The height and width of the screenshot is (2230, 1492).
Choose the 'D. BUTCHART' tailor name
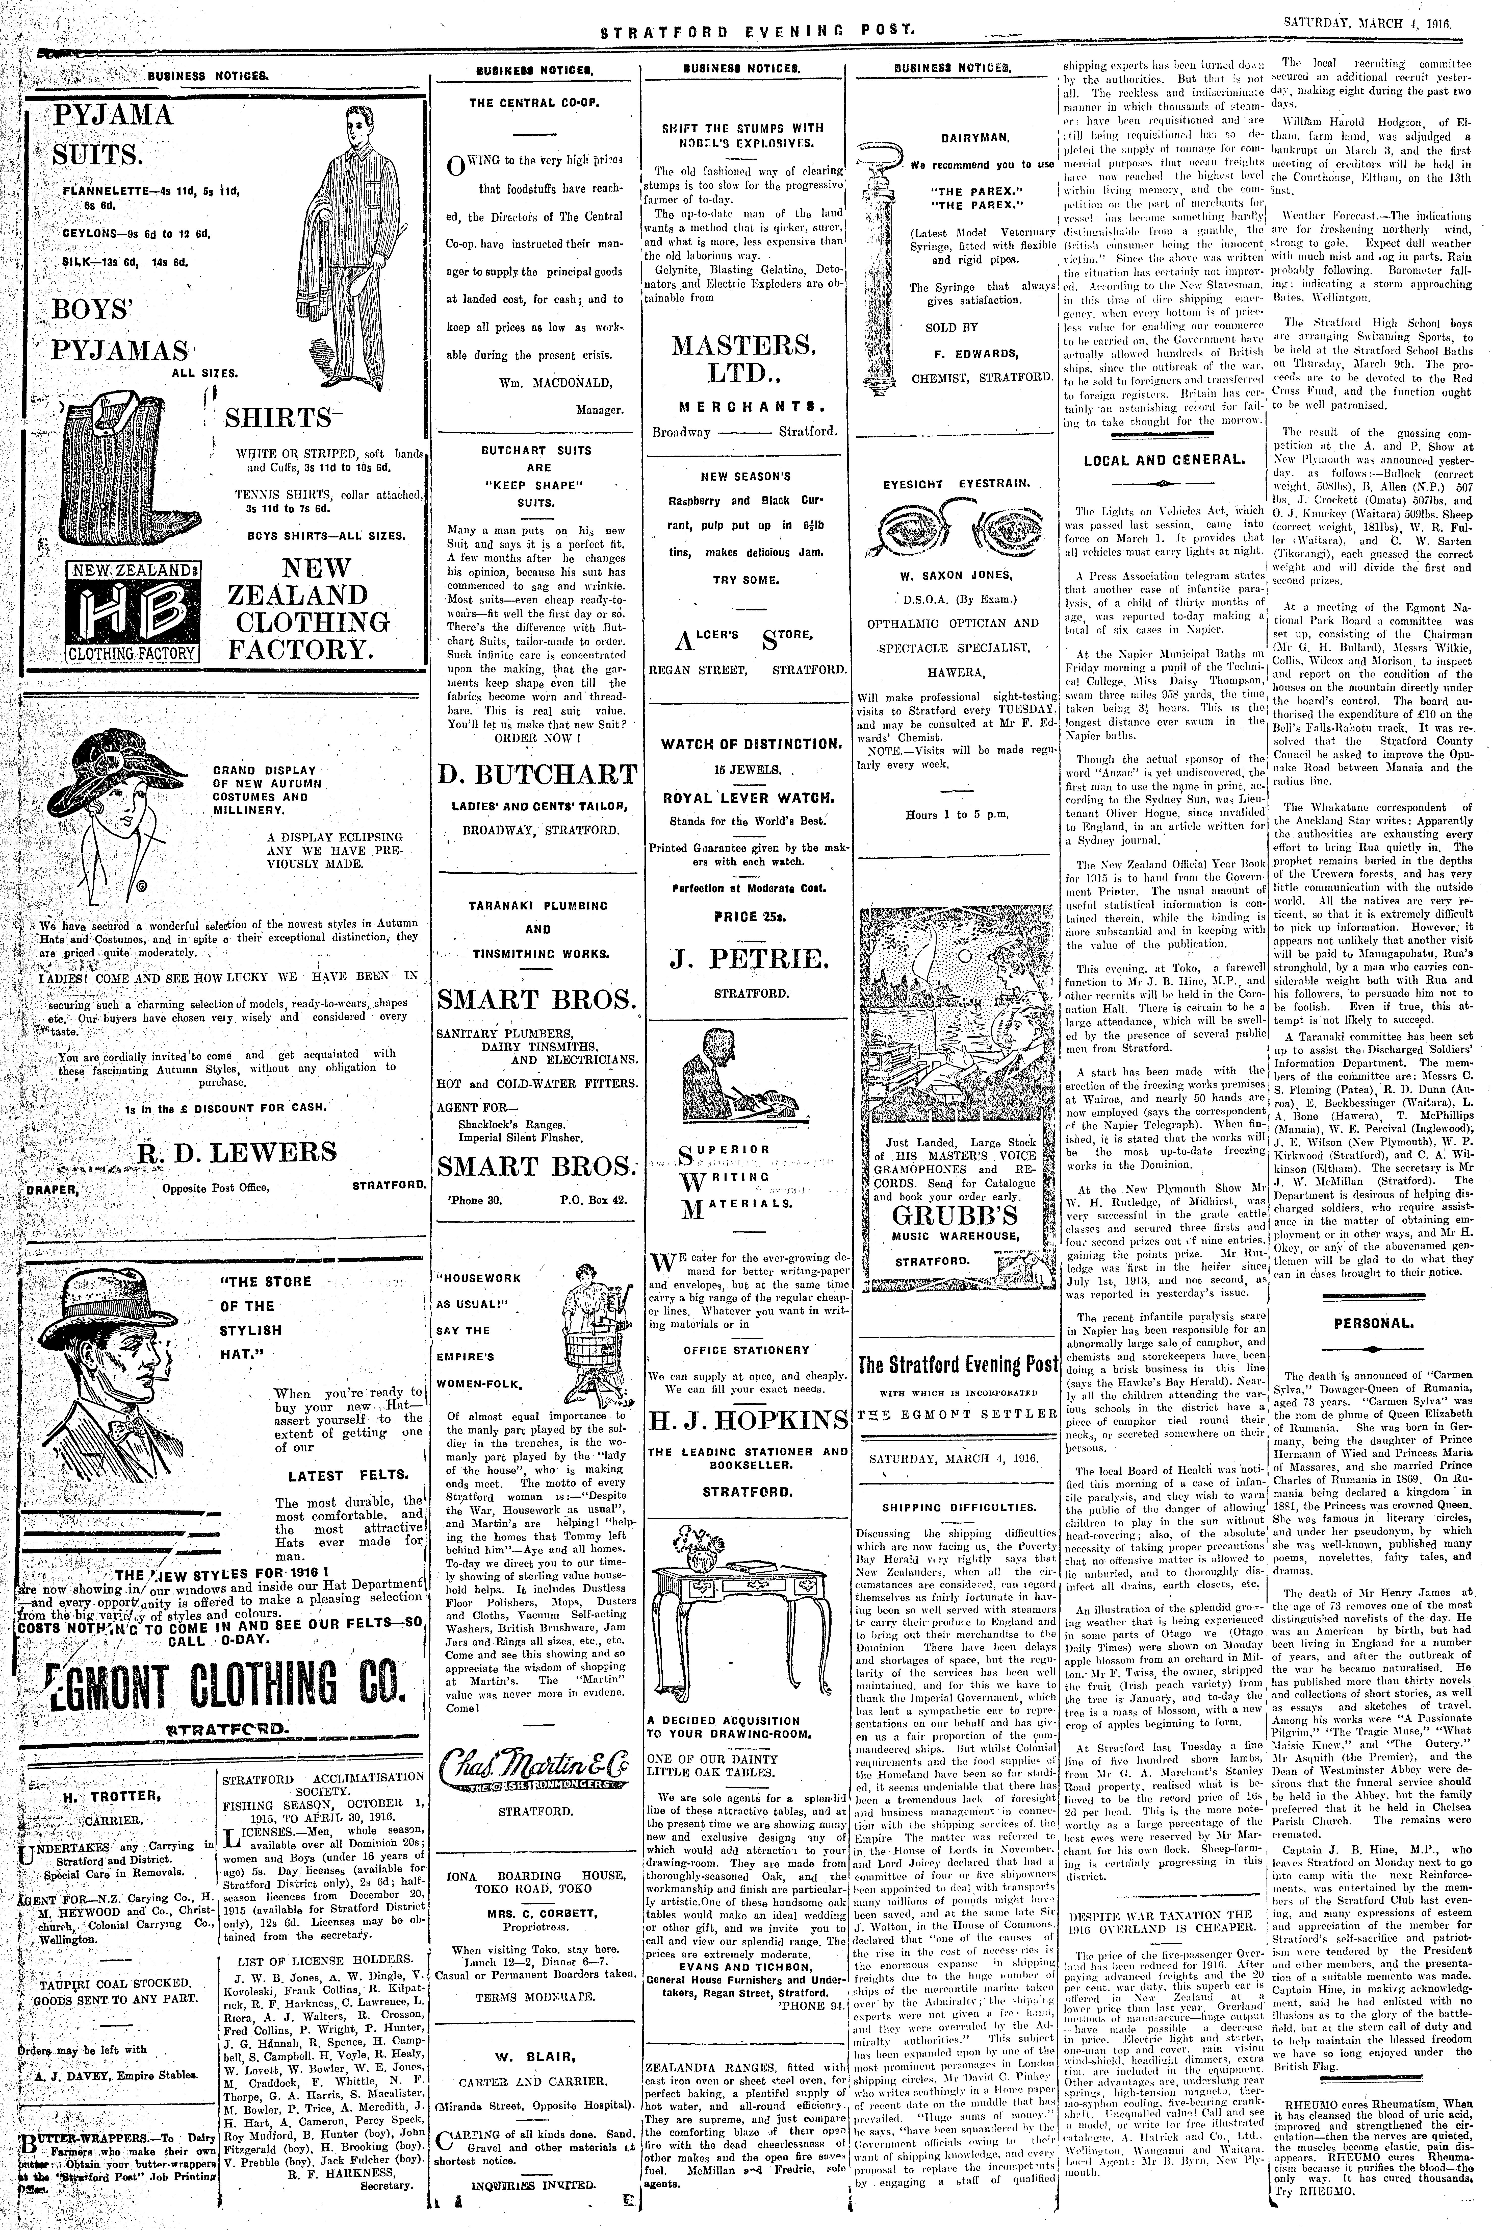pyautogui.click(x=538, y=773)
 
